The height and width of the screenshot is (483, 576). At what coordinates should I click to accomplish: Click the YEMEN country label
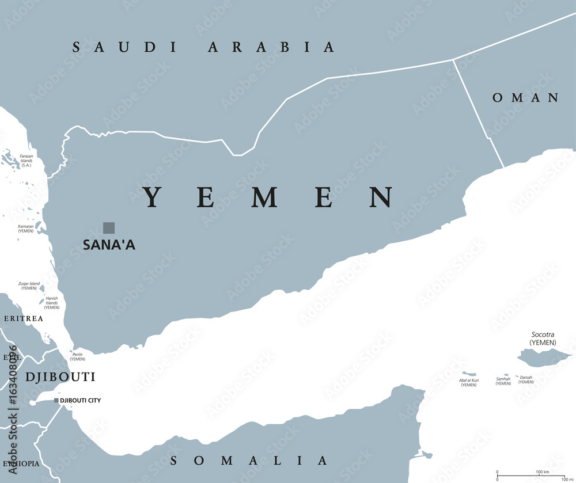[x=268, y=197]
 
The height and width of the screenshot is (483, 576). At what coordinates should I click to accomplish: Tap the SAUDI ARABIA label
[x=203, y=47]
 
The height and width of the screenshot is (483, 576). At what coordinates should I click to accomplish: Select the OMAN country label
[x=525, y=98]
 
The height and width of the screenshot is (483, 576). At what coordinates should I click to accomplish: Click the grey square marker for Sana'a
[x=109, y=227]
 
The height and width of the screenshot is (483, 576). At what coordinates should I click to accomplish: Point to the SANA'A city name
[x=109, y=245]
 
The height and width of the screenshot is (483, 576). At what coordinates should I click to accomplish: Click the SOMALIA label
[x=249, y=461]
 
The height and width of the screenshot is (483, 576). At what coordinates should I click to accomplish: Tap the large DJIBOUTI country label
[x=60, y=377]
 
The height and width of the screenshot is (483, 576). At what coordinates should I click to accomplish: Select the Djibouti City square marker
[x=56, y=400]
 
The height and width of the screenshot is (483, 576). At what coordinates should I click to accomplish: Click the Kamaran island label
[x=26, y=228]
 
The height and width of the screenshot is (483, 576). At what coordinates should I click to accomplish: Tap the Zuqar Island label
[x=29, y=286]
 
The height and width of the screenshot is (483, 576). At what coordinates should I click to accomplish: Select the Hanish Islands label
[x=52, y=302]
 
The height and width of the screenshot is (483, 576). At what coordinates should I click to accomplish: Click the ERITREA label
[x=23, y=318]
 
